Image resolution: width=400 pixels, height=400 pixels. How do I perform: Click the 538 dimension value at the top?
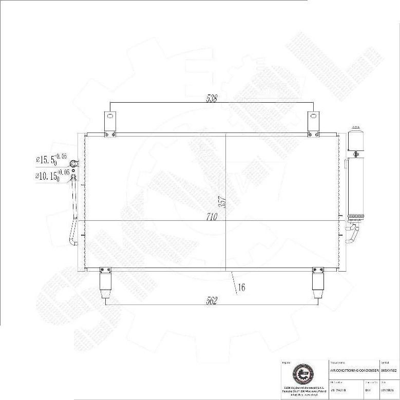(211, 98)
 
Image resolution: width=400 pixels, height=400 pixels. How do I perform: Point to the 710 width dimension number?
(213, 217)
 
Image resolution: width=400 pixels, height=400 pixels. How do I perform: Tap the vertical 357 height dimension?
(222, 202)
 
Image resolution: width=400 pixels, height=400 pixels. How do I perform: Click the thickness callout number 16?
(241, 288)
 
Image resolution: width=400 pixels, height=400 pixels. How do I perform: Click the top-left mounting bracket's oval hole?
(109, 116)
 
